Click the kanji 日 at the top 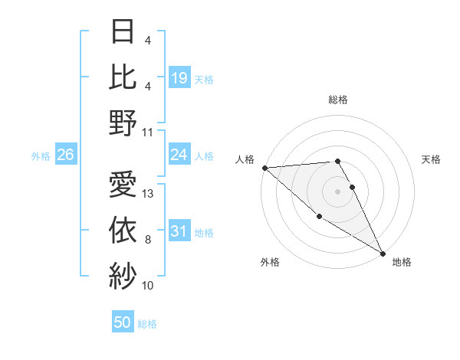123,33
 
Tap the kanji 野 123,123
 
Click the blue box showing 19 179,78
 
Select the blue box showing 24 179,155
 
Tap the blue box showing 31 179,231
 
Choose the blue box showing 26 66,155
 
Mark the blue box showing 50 123,323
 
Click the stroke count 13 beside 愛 149,194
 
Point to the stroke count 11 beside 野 149,132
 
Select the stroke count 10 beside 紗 149,286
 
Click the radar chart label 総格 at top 338,100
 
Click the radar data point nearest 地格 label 383,253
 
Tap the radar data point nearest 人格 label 264,167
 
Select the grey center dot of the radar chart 338,191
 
